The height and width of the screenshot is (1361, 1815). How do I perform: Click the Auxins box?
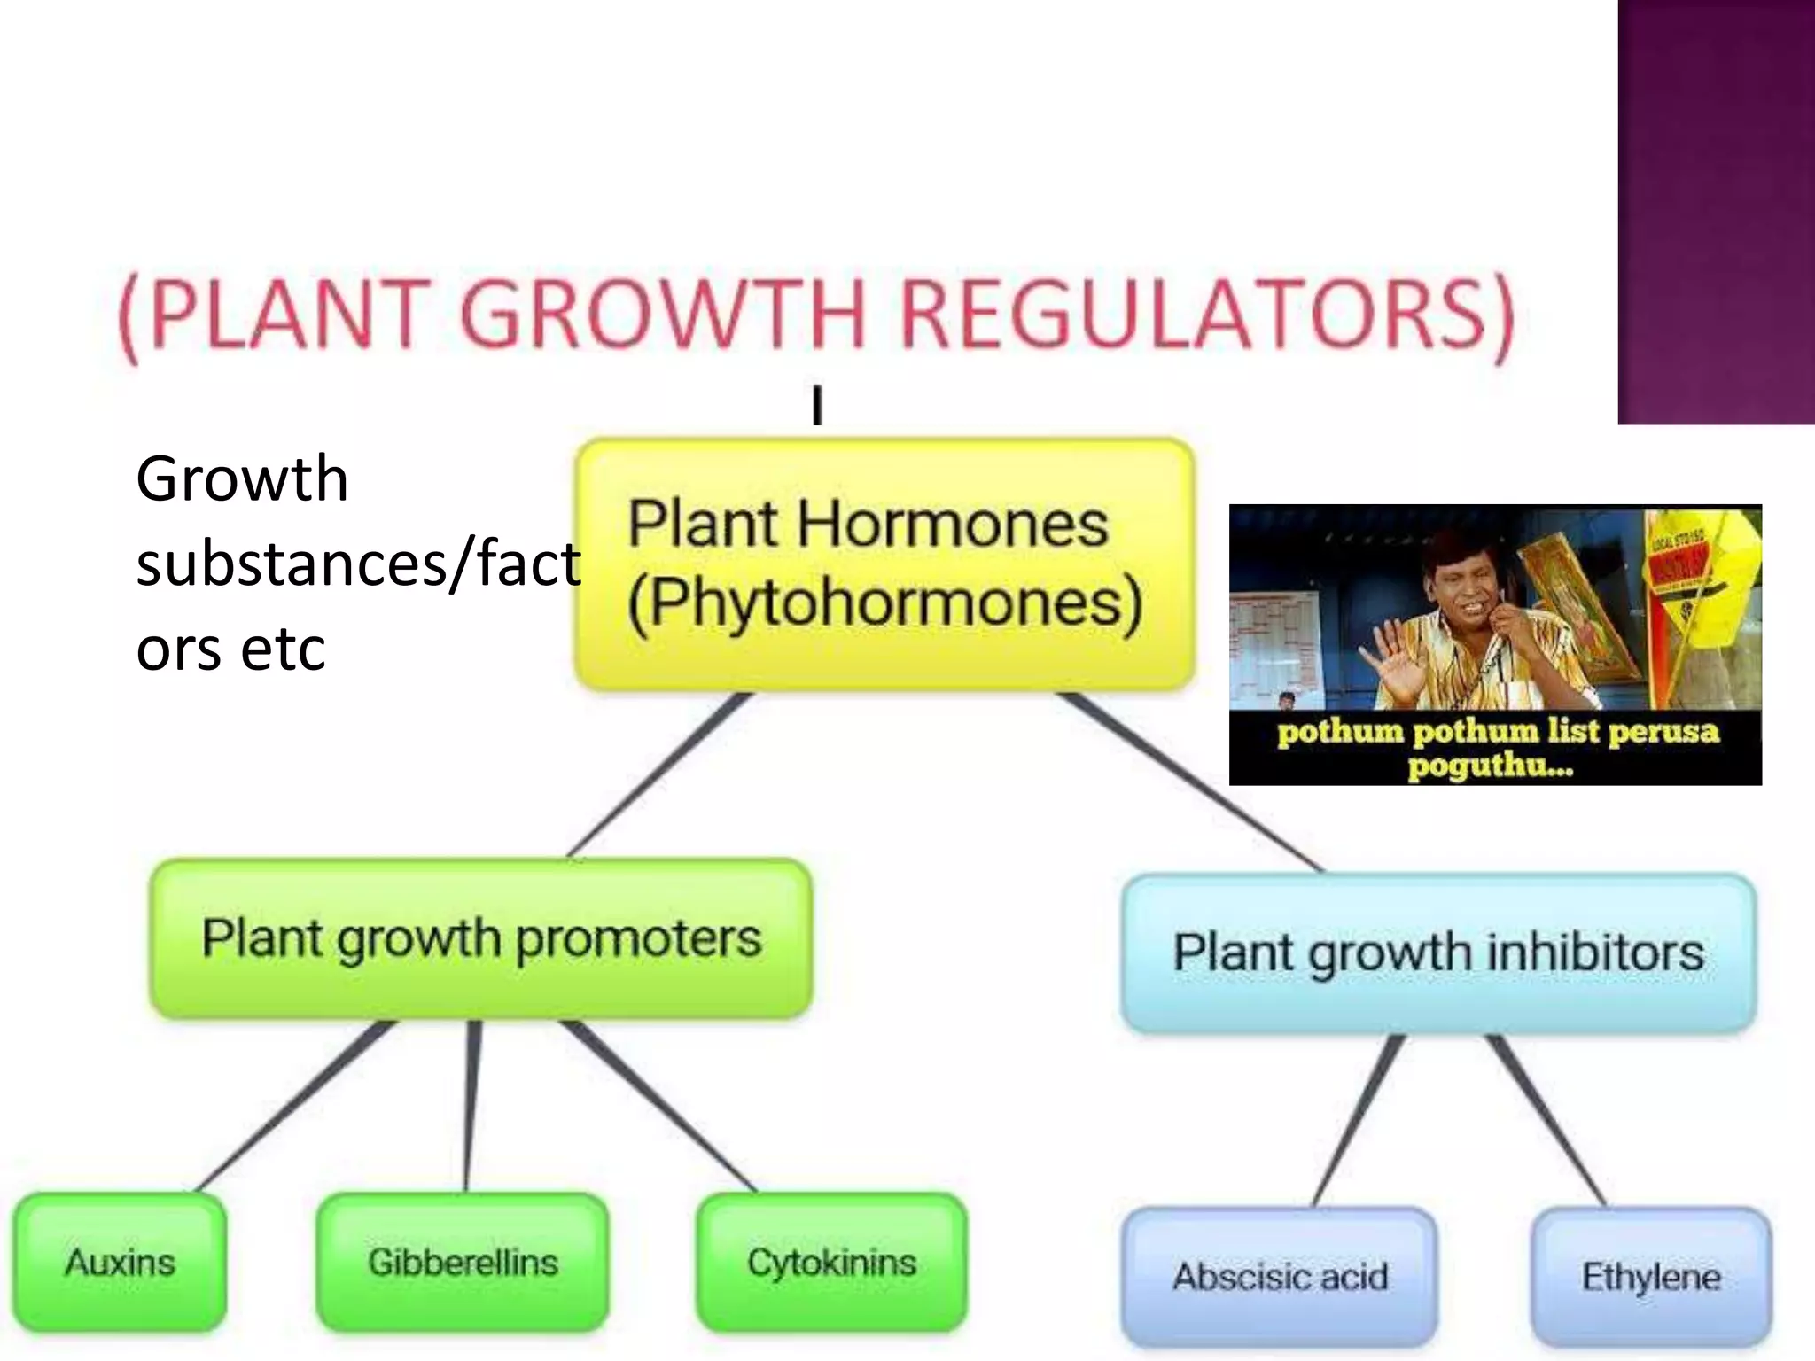pyautogui.click(x=120, y=1262)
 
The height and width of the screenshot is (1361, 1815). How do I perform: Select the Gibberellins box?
pyautogui.click(x=463, y=1262)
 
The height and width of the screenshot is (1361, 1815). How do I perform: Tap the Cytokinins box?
pyautogui.click(x=831, y=1262)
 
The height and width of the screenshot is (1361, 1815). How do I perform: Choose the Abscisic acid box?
pyautogui.click(x=1280, y=1277)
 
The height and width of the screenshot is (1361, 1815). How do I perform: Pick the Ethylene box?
pyautogui.click(x=1651, y=1277)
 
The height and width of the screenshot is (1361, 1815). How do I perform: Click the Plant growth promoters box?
pyautogui.click(x=481, y=938)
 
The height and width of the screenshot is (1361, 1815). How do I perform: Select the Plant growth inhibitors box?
pyautogui.click(x=1438, y=953)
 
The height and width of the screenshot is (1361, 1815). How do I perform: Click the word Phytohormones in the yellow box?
pyautogui.click(x=884, y=603)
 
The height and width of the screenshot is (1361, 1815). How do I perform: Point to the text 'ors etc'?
pyautogui.click(x=231, y=649)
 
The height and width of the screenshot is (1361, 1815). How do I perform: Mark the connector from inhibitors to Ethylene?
pyautogui.click(x=1546, y=1121)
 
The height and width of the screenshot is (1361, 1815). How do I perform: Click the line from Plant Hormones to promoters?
pyautogui.click(x=660, y=775)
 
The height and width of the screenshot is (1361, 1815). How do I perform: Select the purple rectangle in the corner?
pyautogui.click(x=1716, y=213)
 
